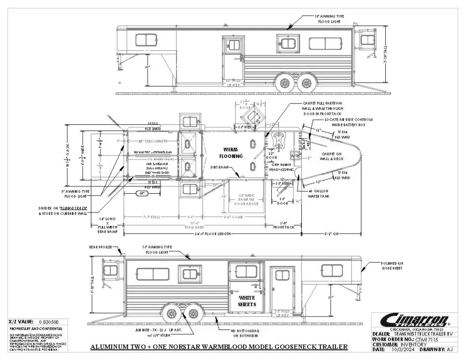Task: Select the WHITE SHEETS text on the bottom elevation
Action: click(246, 301)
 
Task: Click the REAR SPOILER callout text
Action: click(100, 247)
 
